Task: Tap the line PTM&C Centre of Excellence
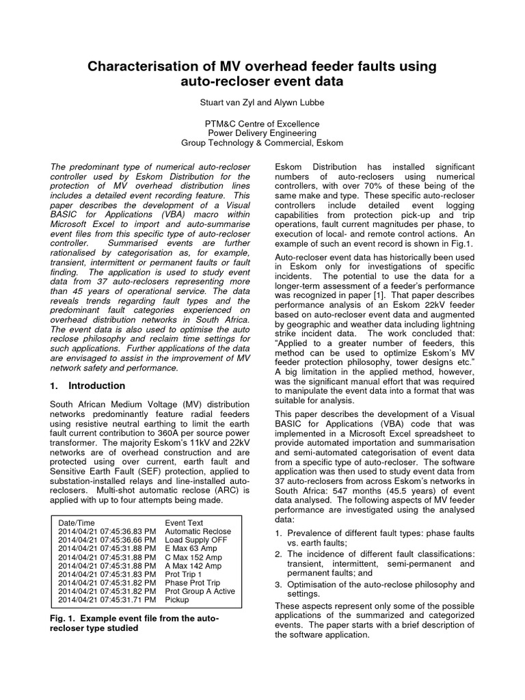[262, 123]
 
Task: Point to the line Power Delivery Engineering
[262, 133]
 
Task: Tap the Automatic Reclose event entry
[198, 531]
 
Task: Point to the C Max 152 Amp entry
[193, 558]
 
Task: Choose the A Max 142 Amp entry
[193, 566]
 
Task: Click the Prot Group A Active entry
[200, 591]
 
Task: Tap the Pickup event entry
[177, 600]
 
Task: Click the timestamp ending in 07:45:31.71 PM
[107, 600]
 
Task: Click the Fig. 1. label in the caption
[64, 618]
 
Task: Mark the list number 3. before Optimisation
[278, 584]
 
